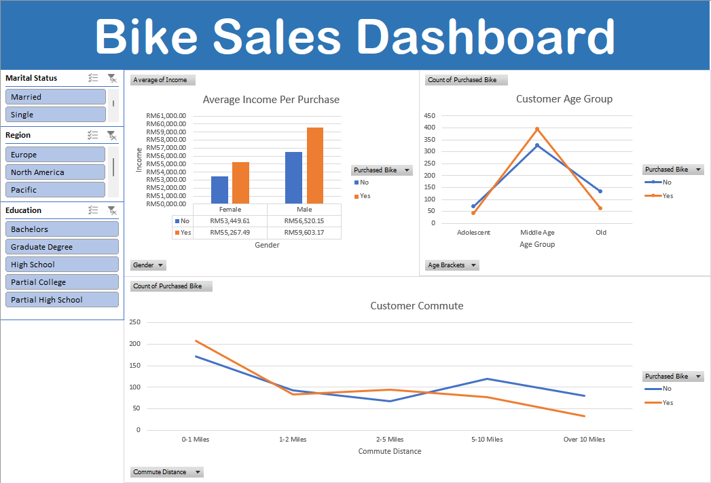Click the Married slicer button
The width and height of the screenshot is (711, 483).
(56, 97)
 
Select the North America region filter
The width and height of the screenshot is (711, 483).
(56, 172)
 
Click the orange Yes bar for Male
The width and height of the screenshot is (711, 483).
(314, 166)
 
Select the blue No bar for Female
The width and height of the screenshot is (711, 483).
(219, 190)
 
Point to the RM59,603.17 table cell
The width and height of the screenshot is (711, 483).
(304, 233)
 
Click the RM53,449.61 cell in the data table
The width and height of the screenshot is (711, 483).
(230, 221)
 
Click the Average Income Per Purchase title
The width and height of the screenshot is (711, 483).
(271, 100)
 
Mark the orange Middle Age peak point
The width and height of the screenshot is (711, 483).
(537, 129)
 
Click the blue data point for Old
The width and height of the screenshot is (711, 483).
(600, 191)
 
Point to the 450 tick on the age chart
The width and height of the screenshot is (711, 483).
(429, 116)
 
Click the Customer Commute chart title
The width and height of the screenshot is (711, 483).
(416, 306)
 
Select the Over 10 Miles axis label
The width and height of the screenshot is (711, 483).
(584, 440)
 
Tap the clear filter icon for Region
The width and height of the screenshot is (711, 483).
(112, 136)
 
